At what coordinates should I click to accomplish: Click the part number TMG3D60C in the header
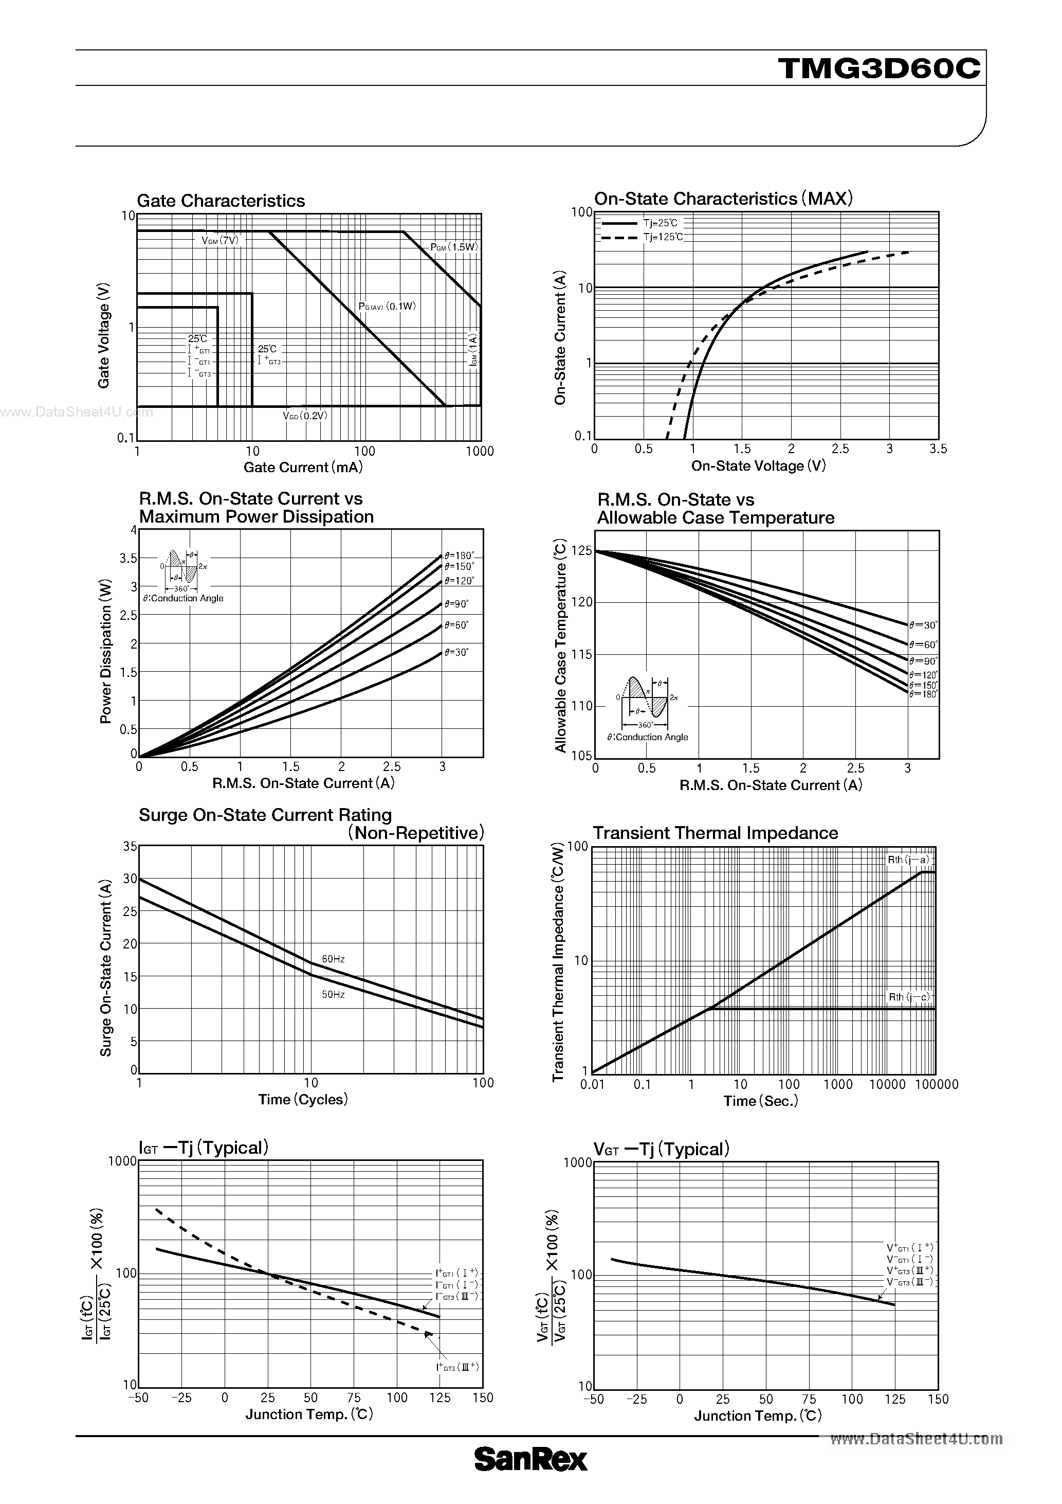click(880, 68)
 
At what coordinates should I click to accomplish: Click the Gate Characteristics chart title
click(221, 201)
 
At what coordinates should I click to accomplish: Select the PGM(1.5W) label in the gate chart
click(454, 247)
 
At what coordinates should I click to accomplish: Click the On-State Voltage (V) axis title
click(758, 465)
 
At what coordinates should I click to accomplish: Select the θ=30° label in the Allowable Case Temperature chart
click(923, 625)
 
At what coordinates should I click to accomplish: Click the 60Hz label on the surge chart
click(333, 959)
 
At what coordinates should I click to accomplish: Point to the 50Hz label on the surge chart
click(333, 994)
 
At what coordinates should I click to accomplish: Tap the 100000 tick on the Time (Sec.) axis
click(936, 1085)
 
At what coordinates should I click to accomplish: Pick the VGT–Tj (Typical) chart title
click(661, 1150)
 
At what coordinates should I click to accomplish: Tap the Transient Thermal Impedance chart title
click(715, 833)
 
